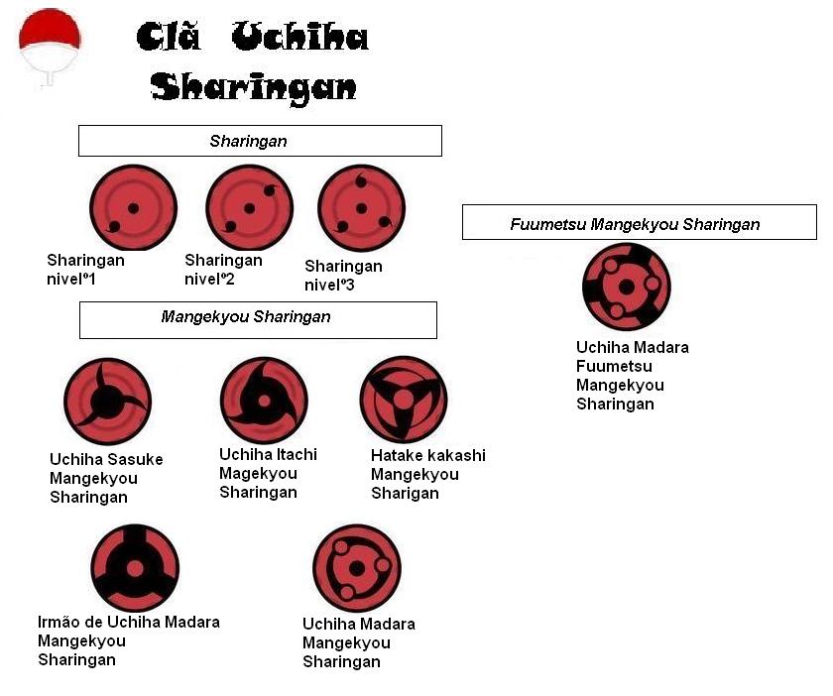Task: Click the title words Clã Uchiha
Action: click(x=252, y=39)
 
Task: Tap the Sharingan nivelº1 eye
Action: click(x=133, y=208)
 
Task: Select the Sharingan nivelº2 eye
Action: click(x=249, y=207)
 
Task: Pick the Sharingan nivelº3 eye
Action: click(x=361, y=208)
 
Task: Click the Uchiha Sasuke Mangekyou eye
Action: click(x=107, y=402)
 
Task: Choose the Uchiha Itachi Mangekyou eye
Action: click(x=264, y=400)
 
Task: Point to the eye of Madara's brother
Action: click(x=135, y=568)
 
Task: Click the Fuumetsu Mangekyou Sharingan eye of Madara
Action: click(x=627, y=287)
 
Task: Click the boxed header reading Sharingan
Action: click(x=260, y=141)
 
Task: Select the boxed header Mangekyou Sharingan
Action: click(x=258, y=318)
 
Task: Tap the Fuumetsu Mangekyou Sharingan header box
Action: click(x=639, y=223)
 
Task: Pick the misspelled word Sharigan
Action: click(x=405, y=493)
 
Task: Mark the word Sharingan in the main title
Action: click(x=254, y=87)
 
